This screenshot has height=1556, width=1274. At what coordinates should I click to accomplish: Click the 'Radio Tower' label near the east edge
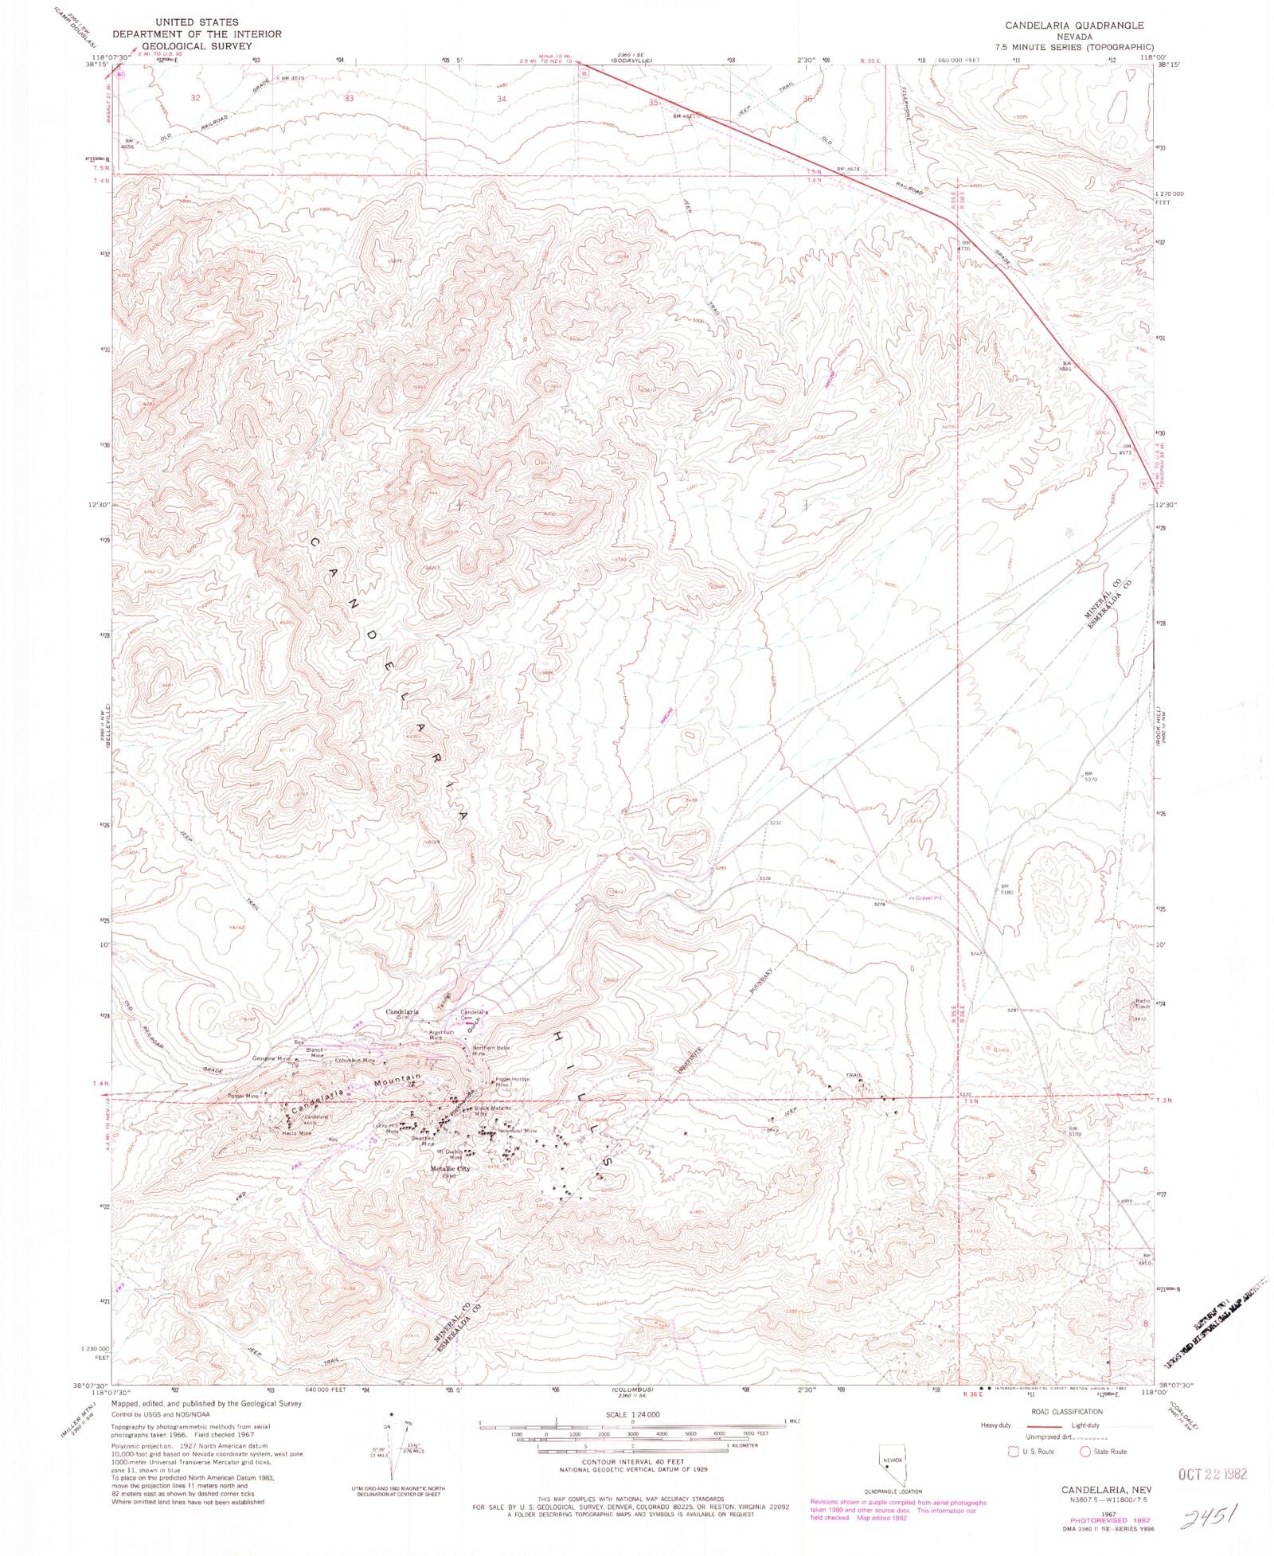(1143, 1004)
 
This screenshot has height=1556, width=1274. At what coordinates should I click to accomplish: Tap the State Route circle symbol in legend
(1084, 1451)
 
